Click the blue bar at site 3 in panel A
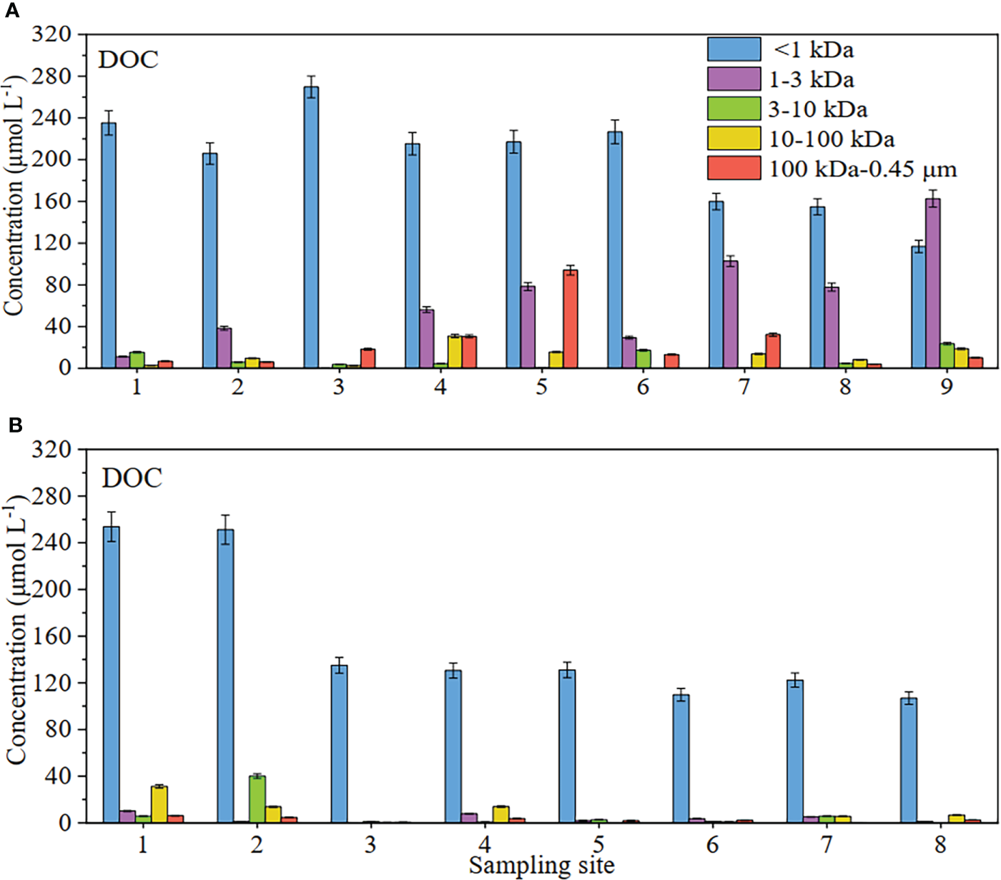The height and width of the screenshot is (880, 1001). [x=311, y=227]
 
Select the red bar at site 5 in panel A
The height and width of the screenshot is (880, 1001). [x=570, y=319]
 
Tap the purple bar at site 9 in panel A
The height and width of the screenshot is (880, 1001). [x=932, y=283]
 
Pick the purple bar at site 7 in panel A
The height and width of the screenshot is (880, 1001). [x=730, y=315]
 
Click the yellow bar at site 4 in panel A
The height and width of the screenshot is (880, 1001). [x=455, y=352]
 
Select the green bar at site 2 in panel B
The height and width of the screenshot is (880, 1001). [x=257, y=799]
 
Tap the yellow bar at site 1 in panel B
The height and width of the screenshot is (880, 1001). [x=159, y=804]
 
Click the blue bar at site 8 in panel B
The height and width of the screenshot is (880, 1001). [x=909, y=760]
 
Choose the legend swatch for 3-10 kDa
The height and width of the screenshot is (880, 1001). [x=734, y=109]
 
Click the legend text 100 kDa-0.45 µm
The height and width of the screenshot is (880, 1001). [x=862, y=169]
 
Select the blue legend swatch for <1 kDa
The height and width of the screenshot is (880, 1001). [x=734, y=49]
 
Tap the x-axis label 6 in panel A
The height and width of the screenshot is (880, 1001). [x=643, y=387]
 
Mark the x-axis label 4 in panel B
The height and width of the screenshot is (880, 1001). [x=484, y=844]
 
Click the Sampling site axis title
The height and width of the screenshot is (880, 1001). [x=541, y=866]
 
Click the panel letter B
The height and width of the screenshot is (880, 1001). [x=15, y=425]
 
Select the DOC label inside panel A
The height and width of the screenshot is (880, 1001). [x=128, y=59]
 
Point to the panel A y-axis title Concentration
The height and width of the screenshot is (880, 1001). [x=14, y=200]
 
